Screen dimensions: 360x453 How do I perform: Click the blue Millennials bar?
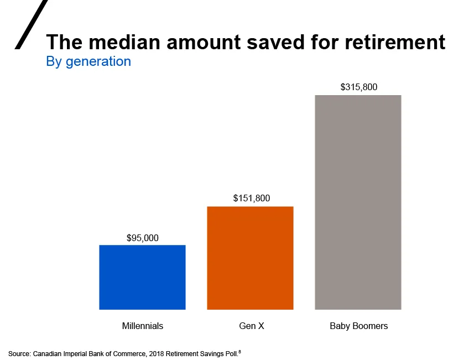click(x=142, y=277)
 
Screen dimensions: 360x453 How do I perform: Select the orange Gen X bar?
click(x=250, y=258)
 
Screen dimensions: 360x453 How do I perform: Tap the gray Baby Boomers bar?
click(x=358, y=202)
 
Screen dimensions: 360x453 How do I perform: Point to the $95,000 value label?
click(x=142, y=238)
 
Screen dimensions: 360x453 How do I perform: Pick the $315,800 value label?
click(x=358, y=87)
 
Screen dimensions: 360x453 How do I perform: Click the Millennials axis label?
click(x=142, y=326)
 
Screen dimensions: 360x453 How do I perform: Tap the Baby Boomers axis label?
click(x=358, y=326)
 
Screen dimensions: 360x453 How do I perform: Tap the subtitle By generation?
click(x=88, y=61)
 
